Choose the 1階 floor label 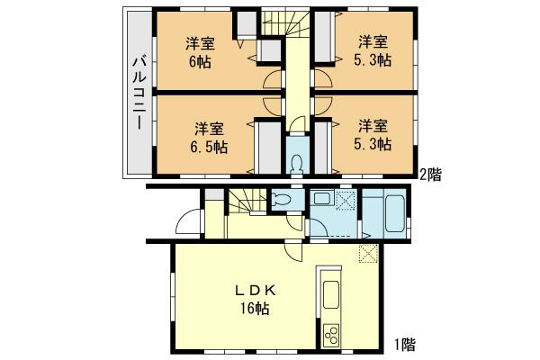[404, 343]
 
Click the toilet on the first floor [280, 201]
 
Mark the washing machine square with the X [346, 202]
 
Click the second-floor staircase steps [284, 27]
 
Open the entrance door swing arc [188, 221]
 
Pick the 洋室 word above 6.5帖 [209, 127]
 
